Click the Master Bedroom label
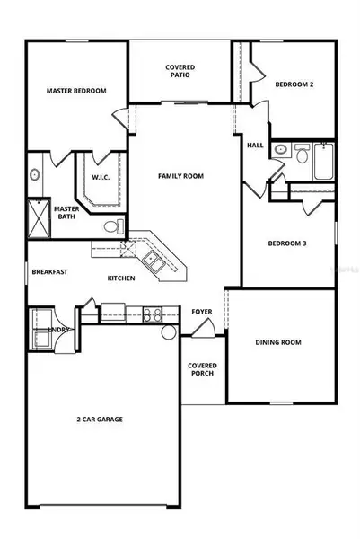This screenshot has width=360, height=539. [x=76, y=91]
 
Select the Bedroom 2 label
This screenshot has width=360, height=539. [x=294, y=84]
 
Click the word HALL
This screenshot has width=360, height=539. [x=255, y=145]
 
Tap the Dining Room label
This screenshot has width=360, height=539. [x=279, y=342]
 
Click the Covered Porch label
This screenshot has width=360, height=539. [x=202, y=370]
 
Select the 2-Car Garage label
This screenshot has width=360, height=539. [x=99, y=420]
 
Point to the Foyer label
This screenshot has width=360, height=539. [x=201, y=312]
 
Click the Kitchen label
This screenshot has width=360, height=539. [x=121, y=278]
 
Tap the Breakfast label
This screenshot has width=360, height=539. [x=49, y=272]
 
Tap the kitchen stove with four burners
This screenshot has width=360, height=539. [x=151, y=314]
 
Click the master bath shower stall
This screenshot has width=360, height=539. [x=40, y=214]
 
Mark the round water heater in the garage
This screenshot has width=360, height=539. [x=169, y=332]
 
